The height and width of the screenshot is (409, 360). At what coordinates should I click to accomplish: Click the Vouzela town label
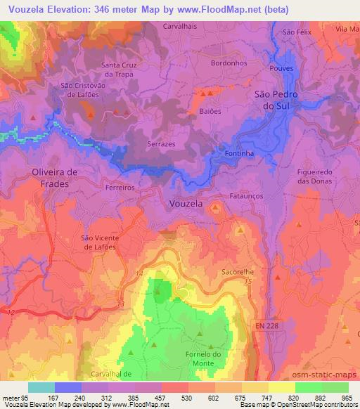[x=186, y=203]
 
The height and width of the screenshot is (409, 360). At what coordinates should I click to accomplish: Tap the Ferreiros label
[x=119, y=188]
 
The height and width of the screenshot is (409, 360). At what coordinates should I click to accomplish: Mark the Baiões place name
[x=210, y=110]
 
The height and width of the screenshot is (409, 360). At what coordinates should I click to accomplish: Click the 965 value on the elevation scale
[x=347, y=398]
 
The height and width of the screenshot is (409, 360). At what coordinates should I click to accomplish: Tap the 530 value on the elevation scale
[x=187, y=398]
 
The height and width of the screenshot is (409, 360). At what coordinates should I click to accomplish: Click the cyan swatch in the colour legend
[x=41, y=387]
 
